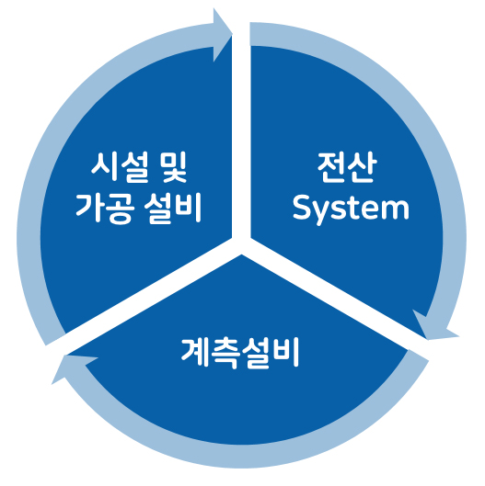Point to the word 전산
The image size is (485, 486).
[x=347, y=167]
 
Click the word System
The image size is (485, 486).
[x=351, y=209]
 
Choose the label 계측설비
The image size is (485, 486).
[x=239, y=353]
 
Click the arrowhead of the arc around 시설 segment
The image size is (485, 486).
[x=222, y=35]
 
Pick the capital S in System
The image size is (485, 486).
[x=303, y=207]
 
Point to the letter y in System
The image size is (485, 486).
[x=324, y=213]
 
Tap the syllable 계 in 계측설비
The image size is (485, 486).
[x=195, y=353]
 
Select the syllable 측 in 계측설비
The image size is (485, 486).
[x=225, y=354]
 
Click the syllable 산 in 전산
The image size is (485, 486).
[x=362, y=167]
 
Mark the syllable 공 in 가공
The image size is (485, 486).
[x=121, y=209]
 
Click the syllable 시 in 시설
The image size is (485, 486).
[x=104, y=167]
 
